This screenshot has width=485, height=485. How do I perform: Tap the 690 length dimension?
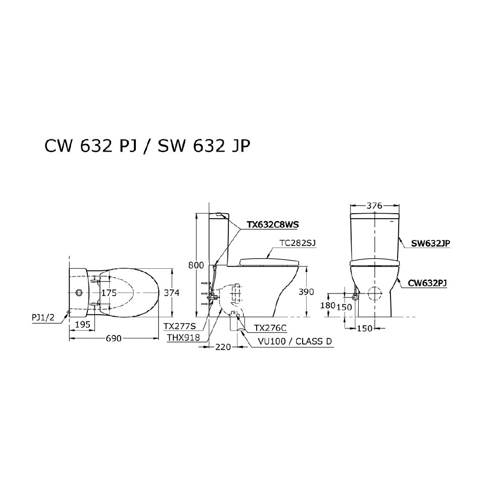pos(113,338)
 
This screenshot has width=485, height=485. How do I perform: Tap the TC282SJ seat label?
pos(298,243)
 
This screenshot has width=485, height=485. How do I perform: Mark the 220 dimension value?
pos(222,347)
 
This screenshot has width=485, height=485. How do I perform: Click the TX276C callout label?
pos(271,328)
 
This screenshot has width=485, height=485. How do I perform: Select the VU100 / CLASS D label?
pos(294,341)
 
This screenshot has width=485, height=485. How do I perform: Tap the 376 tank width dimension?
pos(374,206)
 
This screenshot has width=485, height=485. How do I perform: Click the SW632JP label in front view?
pos(430,243)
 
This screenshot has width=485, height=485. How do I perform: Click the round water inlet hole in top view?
pos(78,293)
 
